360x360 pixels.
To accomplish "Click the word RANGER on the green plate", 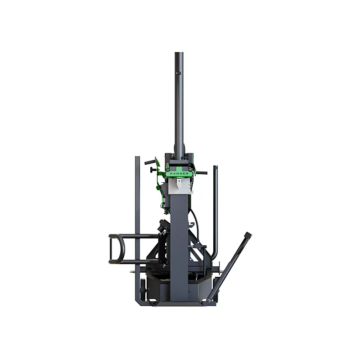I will point(180,173).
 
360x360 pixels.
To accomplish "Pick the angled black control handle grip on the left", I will point(150,162).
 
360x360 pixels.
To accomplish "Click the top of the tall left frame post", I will point(137,158).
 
